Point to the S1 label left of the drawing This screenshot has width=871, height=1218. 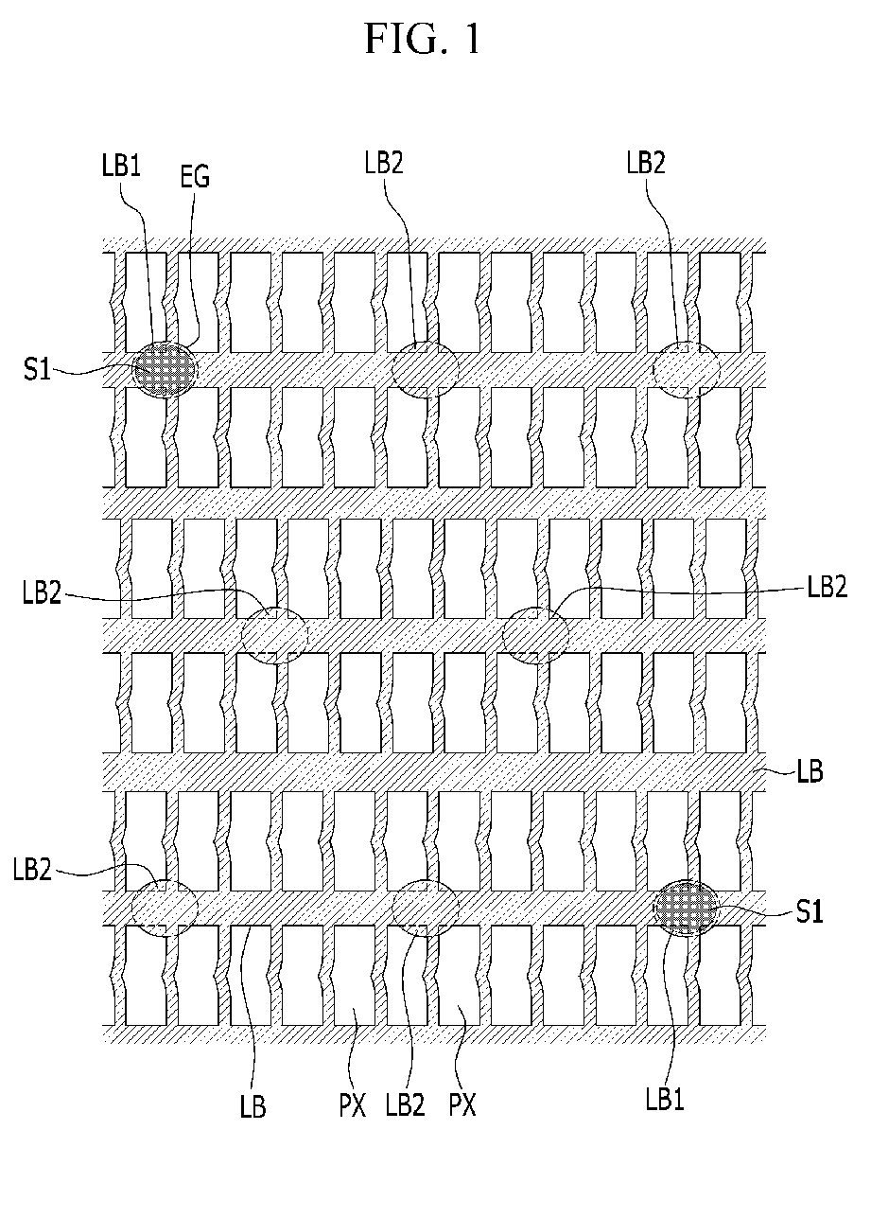coord(37,370)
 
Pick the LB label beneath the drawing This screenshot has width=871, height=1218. coord(253,1106)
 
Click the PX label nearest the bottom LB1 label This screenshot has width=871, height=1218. coord(462,1105)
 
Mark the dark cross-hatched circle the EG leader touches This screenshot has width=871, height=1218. coord(165,367)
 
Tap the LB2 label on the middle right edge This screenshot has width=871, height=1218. coord(827,586)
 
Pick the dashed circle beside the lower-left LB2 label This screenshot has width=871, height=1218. coord(165,908)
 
